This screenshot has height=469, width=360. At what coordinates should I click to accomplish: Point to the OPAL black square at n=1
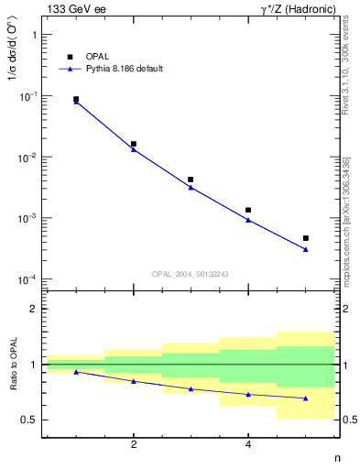coord(76,99)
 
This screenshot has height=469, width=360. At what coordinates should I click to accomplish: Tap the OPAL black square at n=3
coord(191,180)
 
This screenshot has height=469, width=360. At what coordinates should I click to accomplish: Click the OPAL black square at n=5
coord(305,238)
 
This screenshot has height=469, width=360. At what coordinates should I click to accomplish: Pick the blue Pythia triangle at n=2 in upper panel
coord(134,149)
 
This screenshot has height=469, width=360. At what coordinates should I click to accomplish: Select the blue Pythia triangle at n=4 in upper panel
coord(248,220)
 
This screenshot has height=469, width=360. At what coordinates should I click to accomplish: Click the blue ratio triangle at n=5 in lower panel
coord(305,398)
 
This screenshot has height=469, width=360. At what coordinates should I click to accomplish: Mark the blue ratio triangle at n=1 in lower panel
coord(76,372)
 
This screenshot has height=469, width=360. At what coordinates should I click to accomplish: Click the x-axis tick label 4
coord(248,445)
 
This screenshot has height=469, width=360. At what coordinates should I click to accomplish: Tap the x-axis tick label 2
coord(134,445)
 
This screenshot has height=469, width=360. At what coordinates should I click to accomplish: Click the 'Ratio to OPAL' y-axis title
coord(12,365)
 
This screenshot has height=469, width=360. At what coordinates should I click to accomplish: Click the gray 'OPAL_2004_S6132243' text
coord(191,273)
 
